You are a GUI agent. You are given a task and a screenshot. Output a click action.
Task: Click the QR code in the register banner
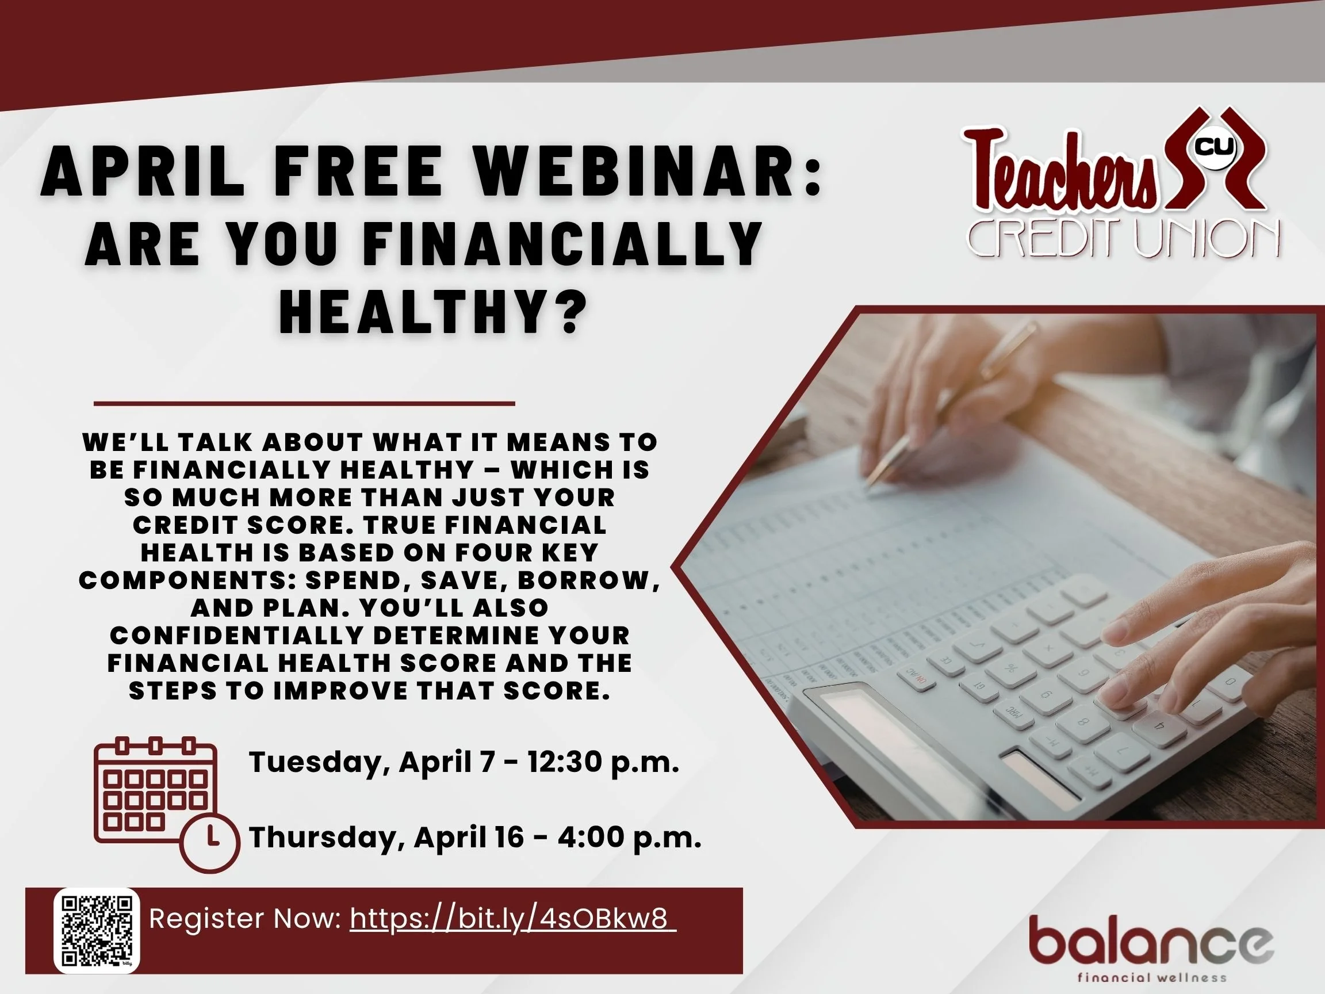point(97,930)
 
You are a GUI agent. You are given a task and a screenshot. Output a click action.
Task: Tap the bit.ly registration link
point(513,919)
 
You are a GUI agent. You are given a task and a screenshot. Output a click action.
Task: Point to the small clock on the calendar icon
point(210,842)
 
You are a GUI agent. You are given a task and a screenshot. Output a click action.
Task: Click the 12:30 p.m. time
point(603,762)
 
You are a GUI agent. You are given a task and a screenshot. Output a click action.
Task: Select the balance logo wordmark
point(1151,941)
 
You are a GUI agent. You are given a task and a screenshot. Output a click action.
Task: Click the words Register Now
point(244,919)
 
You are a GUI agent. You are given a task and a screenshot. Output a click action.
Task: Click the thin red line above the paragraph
point(304,404)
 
